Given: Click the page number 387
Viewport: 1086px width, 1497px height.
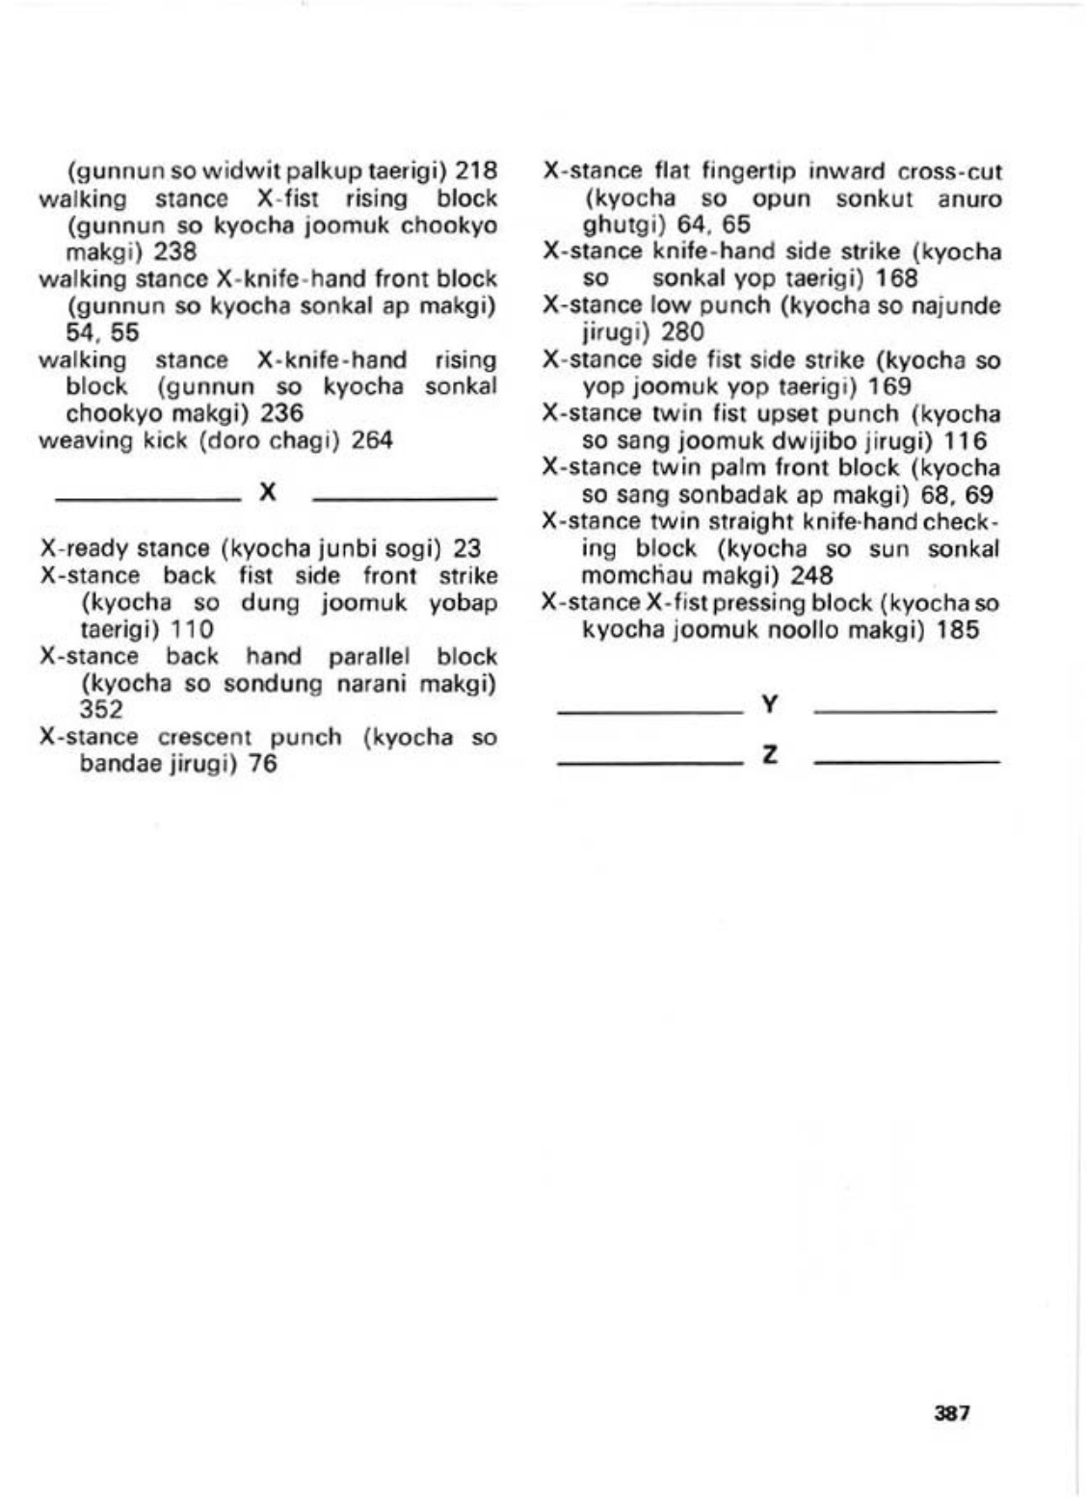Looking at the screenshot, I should click(x=951, y=1413).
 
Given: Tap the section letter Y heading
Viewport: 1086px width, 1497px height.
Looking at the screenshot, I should click(x=769, y=705).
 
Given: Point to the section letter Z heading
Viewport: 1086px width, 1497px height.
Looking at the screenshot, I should click(x=769, y=755).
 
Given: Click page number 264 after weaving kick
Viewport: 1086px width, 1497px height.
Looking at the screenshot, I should click(x=372, y=441).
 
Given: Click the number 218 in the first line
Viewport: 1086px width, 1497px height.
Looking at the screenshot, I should click(x=476, y=171).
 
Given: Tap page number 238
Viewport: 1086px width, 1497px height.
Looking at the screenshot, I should click(x=175, y=252).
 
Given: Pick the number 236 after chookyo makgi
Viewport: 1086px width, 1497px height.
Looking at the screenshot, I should click(x=281, y=413).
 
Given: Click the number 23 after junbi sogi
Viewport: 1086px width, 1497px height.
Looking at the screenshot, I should click(x=466, y=549).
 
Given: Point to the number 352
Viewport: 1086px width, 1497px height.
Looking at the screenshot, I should click(x=101, y=710).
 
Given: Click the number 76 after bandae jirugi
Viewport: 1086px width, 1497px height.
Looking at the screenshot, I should click(x=263, y=765).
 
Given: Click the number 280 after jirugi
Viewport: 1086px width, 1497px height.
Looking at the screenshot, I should click(x=682, y=332).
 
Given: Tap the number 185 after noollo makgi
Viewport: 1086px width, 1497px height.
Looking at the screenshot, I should click(x=958, y=630).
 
